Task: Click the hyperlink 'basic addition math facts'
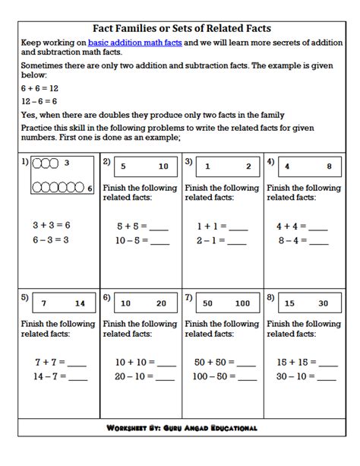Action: click(134, 43)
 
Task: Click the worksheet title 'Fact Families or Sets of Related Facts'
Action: click(180, 28)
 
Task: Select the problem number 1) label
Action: click(25, 163)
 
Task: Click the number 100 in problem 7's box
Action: click(242, 303)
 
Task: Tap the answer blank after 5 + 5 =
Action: click(159, 227)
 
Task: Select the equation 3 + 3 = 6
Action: click(51, 226)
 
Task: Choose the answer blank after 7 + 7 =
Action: click(77, 363)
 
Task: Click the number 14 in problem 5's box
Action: click(81, 303)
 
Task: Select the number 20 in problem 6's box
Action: click(161, 303)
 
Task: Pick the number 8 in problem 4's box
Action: click(329, 166)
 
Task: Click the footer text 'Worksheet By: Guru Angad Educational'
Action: click(181, 428)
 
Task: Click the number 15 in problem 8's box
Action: click(289, 303)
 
